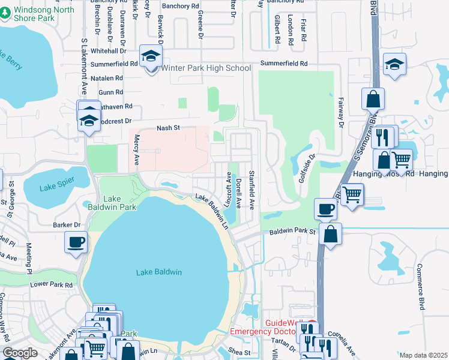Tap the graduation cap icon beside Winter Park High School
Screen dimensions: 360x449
coord(149,58)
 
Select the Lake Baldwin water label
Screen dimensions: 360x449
coord(158,272)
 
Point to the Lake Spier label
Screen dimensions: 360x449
coord(55,187)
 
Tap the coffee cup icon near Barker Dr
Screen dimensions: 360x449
coord(76,242)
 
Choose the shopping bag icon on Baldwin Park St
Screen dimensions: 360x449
coord(330,234)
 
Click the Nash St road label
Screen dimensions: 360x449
coord(168,128)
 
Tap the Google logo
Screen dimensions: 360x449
coord(20,353)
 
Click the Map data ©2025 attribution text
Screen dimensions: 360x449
coord(423,355)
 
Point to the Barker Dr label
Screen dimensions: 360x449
coord(67,225)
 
